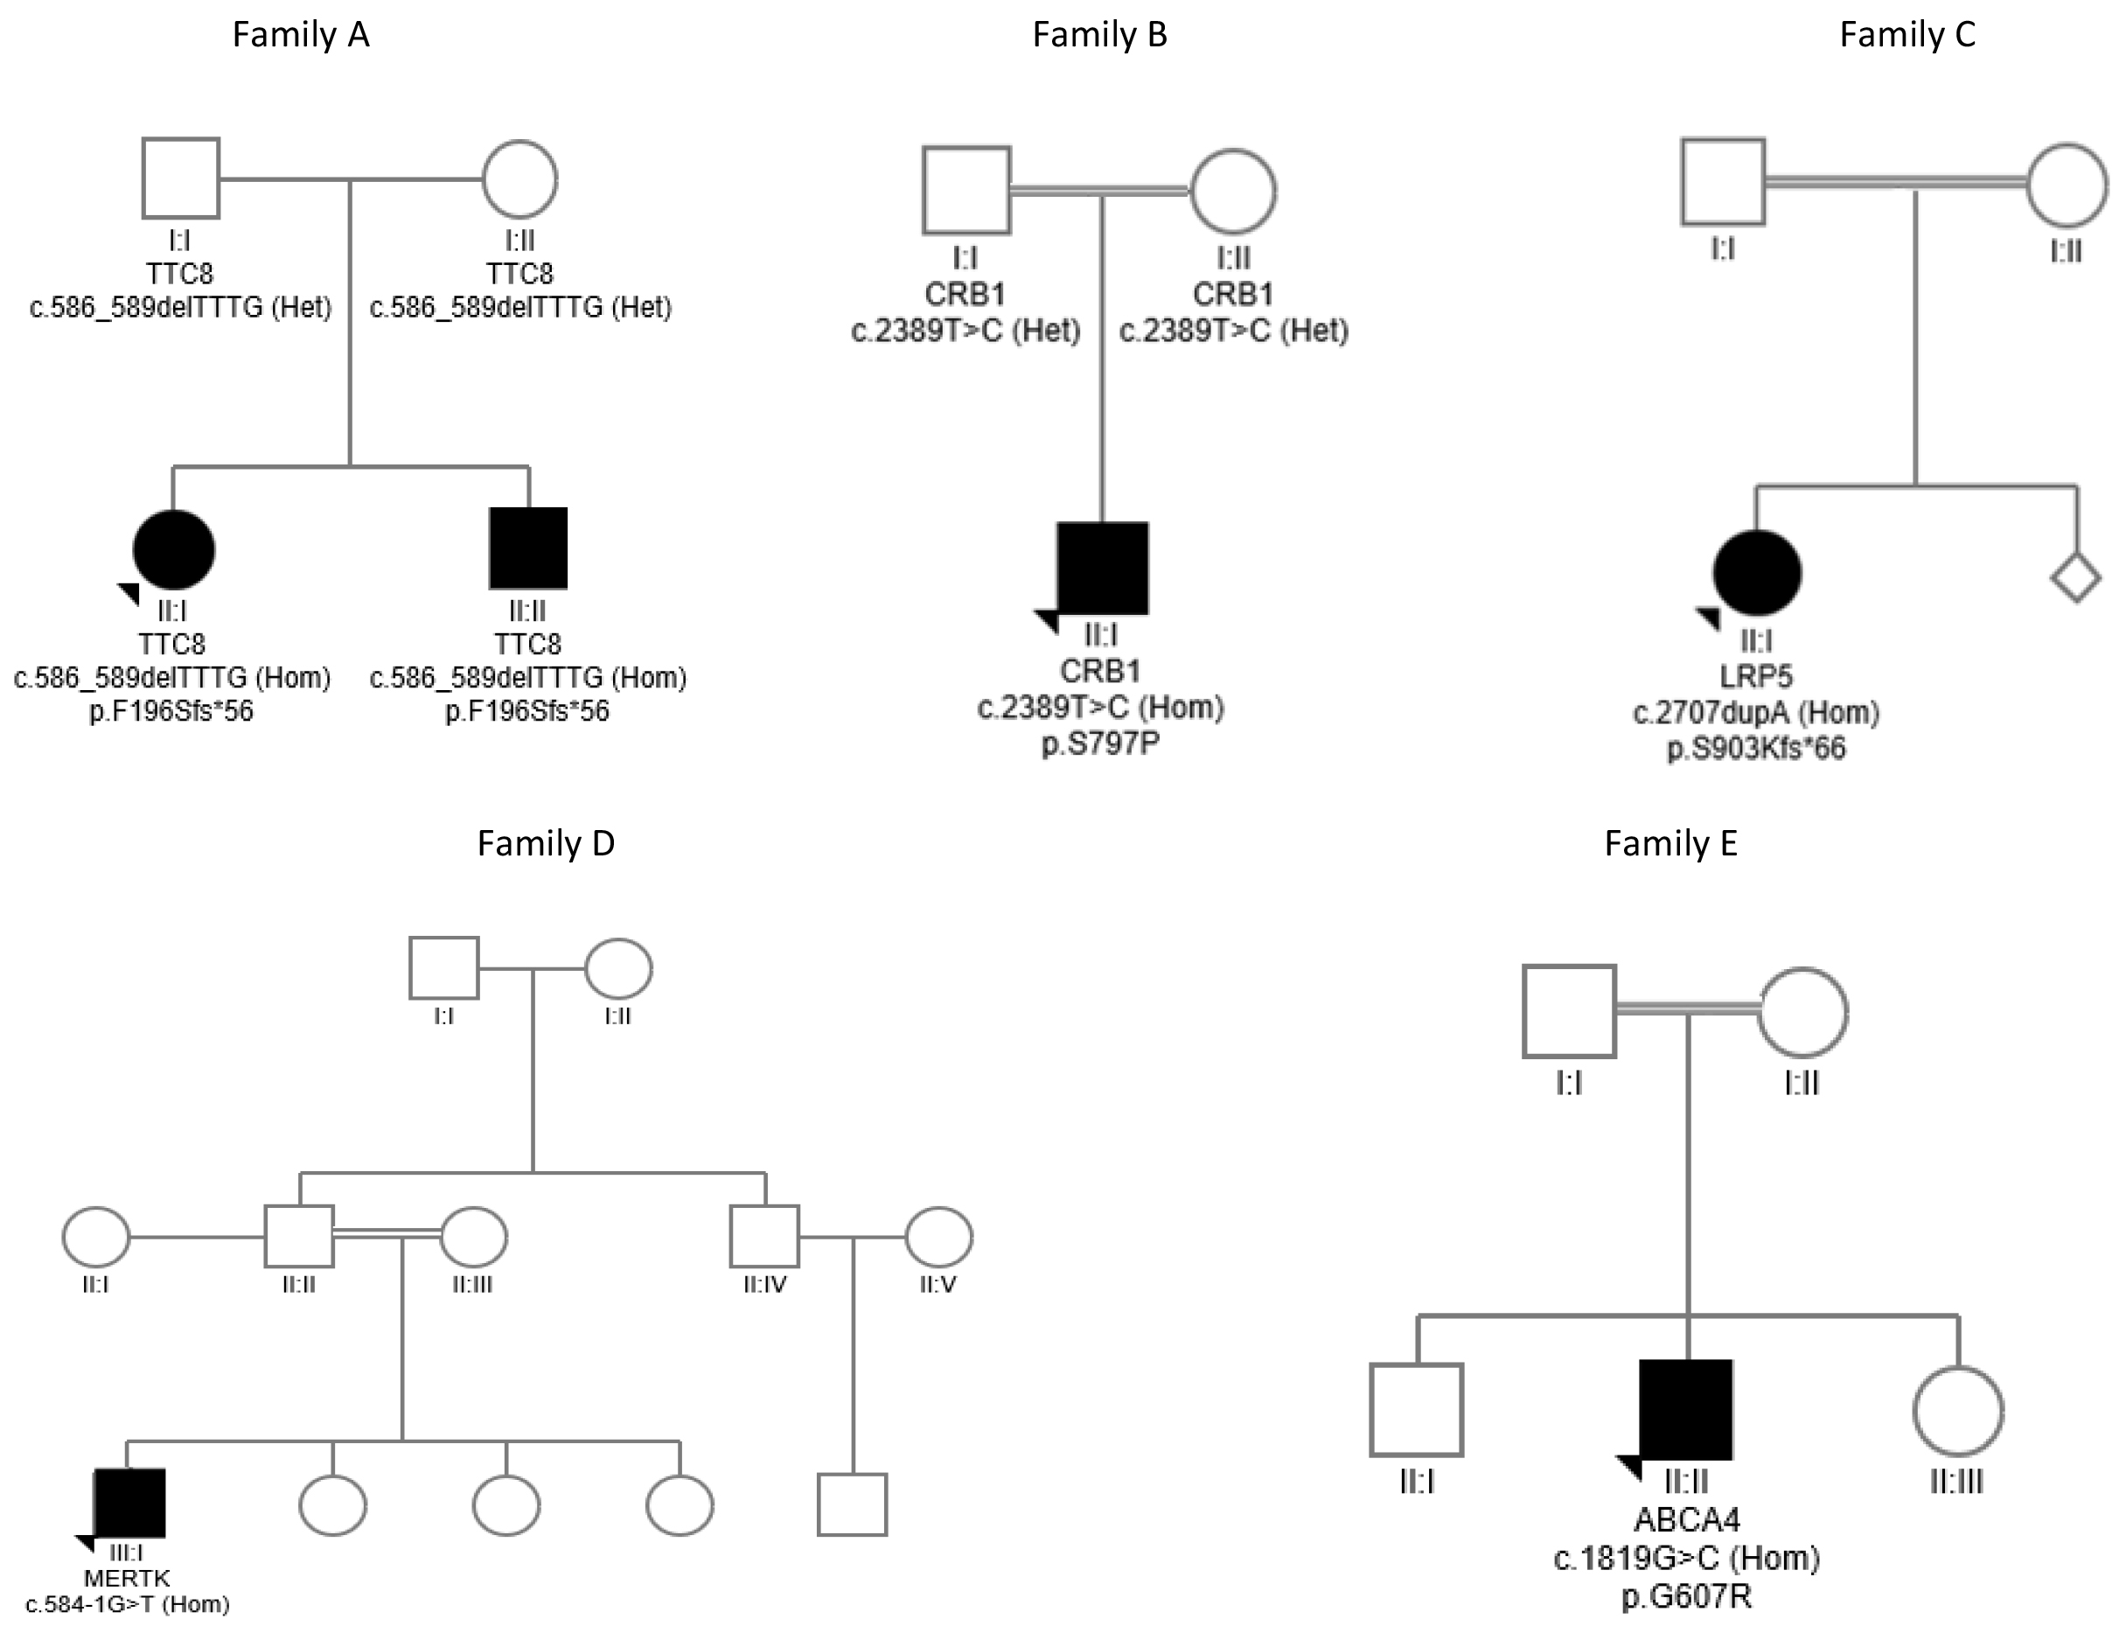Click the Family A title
pyautogui.click(x=300, y=35)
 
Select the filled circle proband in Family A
pyautogui.click(x=173, y=550)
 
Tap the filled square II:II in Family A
pyautogui.click(x=527, y=548)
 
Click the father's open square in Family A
pyautogui.click(x=180, y=178)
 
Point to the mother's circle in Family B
pyautogui.click(x=1232, y=191)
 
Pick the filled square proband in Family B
pyautogui.click(x=1102, y=569)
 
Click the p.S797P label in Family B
pyautogui.click(x=1100, y=743)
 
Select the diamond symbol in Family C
pyautogui.click(x=2075, y=579)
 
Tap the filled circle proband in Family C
pyautogui.click(x=1756, y=573)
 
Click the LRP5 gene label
pyautogui.click(x=1756, y=676)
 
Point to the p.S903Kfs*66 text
pyautogui.click(x=1756, y=748)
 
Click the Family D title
pyautogui.click(x=546, y=843)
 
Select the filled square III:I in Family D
pyautogui.click(x=129, y=1503)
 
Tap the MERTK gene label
pyautogui.click(x=127, y=1579)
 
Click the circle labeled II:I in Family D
pyautogui.click(x=96, y=1236)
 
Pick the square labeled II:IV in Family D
pyautogui.click(x=764, y=1236)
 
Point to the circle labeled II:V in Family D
pyautogui.click(x=938, y=1236)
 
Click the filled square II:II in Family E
pyautogui.click(x=1686, y=1409)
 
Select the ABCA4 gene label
pyautogui.click(x=1687, y=1519)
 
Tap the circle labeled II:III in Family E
pyautogui.click(x=1957, y=1411)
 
